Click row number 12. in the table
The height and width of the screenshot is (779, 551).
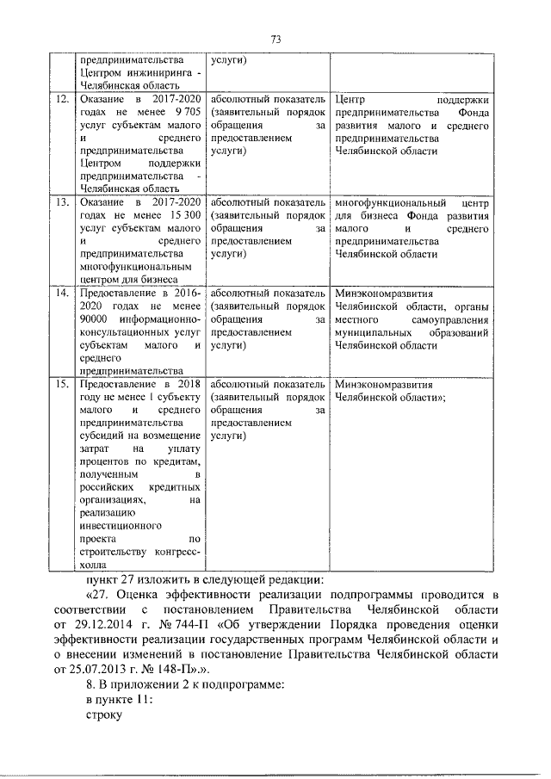point(61,99)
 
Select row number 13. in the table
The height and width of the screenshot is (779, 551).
point(61,201)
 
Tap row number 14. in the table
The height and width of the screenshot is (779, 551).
point(61,293)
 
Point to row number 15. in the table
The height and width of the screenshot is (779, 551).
point(61,385)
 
